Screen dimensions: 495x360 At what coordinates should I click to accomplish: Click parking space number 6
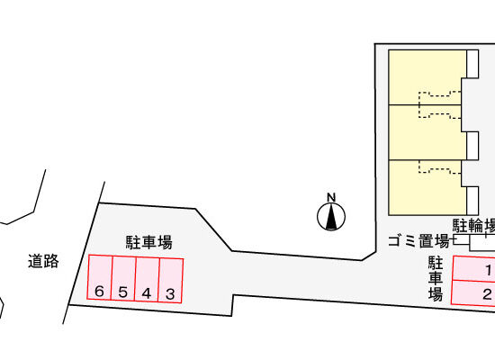[100, 277]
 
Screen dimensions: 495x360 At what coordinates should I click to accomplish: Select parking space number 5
[124, 278]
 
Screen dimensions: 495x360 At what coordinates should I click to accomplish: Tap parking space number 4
[147, 280]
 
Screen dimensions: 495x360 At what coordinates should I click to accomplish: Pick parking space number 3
[171, 281]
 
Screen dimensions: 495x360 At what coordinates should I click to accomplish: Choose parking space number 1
[473, 268]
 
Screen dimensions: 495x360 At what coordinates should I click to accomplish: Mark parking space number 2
[472, 292]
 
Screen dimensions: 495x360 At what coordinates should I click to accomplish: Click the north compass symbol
[331, 217]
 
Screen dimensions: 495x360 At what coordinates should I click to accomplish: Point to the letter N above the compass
[331, 197]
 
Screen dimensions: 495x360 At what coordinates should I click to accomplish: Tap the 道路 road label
[43, 261]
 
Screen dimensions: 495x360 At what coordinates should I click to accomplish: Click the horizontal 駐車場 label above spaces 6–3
[149, 242]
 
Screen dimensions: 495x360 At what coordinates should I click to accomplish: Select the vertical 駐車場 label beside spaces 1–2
[436, 278]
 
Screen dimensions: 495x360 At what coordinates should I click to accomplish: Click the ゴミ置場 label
[418, 241]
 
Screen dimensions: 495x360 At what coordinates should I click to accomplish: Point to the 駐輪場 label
[473, 225]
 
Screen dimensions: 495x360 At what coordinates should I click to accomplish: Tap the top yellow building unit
[425, 77]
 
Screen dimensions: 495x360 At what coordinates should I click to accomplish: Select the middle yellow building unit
[425, 132]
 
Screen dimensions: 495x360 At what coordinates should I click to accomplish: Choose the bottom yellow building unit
[425, 187]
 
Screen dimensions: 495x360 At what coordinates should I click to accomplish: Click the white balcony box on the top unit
[472, 64]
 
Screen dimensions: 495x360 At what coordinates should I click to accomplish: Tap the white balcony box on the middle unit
[472, 146]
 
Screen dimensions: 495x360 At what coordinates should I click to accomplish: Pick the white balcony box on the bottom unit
[472, 201]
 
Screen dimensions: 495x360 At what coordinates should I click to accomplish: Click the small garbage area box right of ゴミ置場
[462, 239]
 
